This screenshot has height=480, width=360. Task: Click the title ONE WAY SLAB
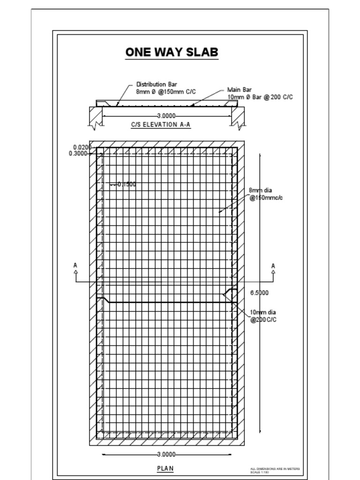click(172, 52)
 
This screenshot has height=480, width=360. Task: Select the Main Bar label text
click(240, 90)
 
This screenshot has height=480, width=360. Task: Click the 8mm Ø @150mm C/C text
click(166, 92)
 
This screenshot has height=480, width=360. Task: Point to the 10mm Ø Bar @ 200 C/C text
click(260, 97)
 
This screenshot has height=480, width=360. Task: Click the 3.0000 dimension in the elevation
click(166, 115)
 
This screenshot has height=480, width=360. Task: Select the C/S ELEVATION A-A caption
click(161, 125)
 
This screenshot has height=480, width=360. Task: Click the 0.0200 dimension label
click(82, 147)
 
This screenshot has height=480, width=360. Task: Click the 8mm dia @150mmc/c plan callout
click(265, 194)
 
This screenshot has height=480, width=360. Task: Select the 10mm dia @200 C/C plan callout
click(263, 316)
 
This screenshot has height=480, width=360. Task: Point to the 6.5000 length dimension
click(259, 293)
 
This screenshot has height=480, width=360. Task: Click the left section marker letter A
click(75, 265)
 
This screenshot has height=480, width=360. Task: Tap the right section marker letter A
click(273, 266)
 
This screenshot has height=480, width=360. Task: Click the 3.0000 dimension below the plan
click(166, 454)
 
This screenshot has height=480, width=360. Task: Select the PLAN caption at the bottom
click(165, 468)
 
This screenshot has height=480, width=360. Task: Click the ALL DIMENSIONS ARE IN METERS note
click(275, 469)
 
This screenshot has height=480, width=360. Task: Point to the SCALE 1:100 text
click(260, 472)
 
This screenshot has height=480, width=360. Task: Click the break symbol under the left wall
click(97, 125)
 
